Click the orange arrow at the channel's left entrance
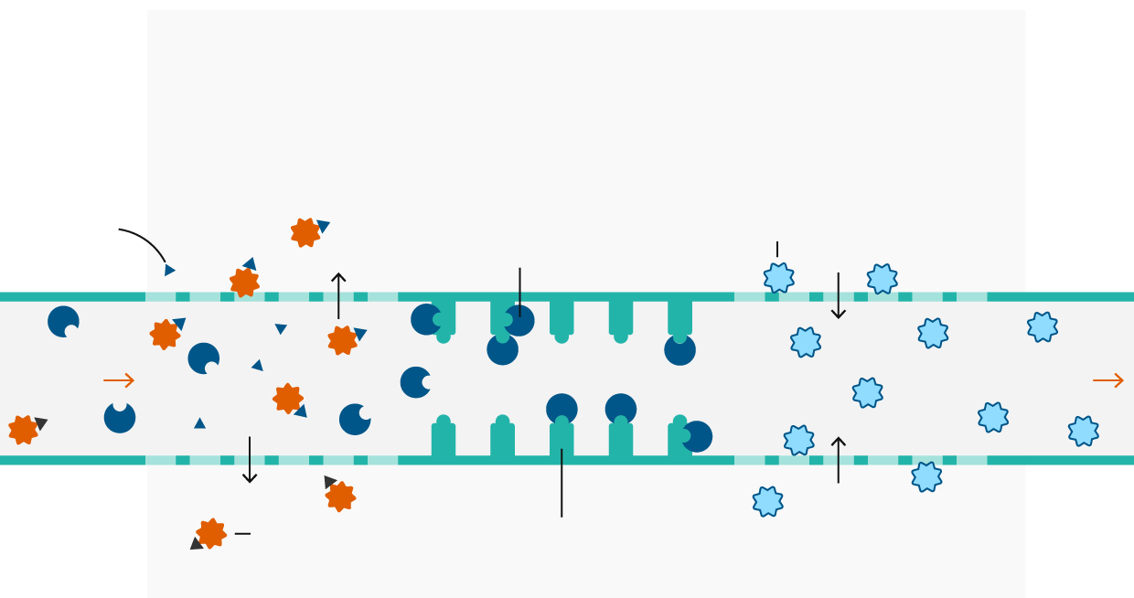tap(119, 380)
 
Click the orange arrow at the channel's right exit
tap(1108, 380)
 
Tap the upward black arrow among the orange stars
tap(338, 295)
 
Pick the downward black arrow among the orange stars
tap(250, 460)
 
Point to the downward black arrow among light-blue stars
tap(838, 295)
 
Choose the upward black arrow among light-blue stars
tap(838, 460)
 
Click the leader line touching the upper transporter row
tap(519, 292)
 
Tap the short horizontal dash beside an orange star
tap(242, 533)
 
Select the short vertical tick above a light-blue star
tap(777, 249)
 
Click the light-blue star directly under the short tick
tap(778, 278)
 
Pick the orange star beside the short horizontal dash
tap(211, 533)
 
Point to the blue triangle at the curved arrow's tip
tap(169, 270)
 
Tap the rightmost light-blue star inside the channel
tap(1084, 431)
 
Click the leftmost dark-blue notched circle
tap(63, 322)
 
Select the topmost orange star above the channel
tap(305, 232)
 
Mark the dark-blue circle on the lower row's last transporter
tap(697, 436)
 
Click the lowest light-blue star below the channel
tap(767, 501)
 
